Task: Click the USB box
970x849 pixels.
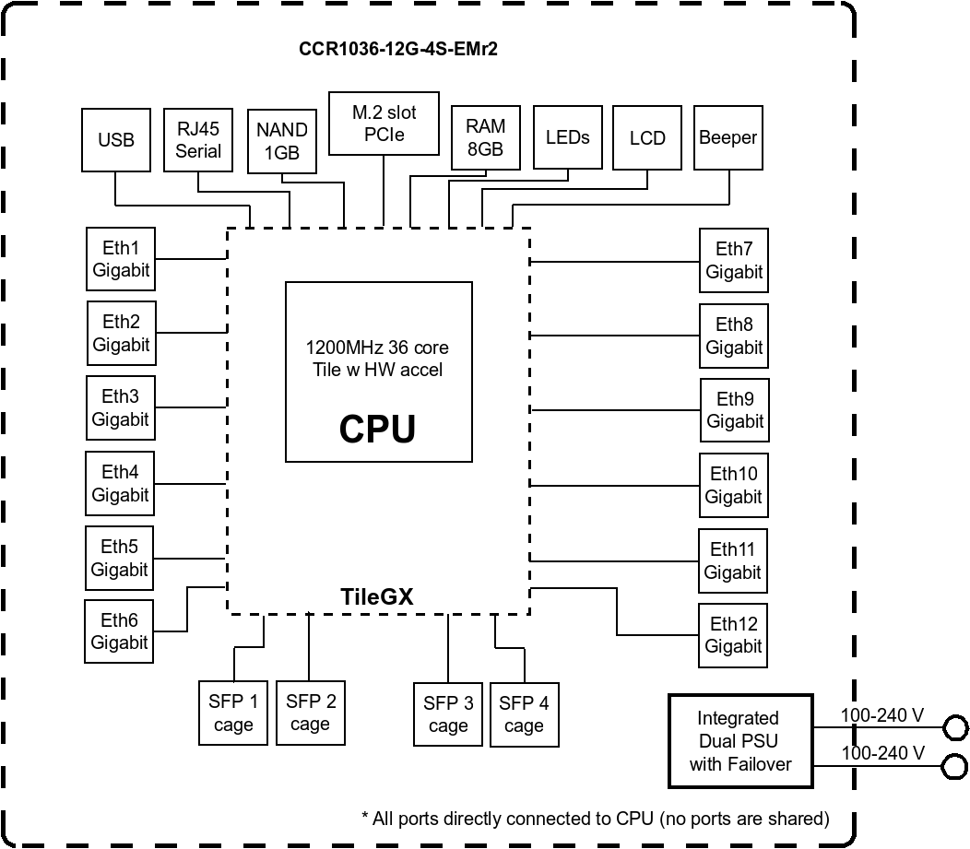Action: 116,139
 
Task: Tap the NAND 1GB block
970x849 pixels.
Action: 282,142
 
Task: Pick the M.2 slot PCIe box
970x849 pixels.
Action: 384,124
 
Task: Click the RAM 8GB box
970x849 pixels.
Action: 485,137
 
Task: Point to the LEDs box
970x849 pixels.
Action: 568,137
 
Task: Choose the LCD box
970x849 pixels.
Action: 647,137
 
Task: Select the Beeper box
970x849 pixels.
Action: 728,137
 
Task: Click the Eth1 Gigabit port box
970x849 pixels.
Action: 121,260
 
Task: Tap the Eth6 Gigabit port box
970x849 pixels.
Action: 120,631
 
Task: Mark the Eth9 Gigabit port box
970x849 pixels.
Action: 735,410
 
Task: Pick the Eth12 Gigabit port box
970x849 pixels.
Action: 733,634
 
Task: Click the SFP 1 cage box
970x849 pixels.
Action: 233,713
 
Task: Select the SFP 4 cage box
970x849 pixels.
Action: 524,713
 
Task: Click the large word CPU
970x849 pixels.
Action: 377,429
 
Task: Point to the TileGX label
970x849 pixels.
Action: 377,597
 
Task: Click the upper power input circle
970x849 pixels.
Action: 955,727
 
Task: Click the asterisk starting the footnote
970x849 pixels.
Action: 365,818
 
